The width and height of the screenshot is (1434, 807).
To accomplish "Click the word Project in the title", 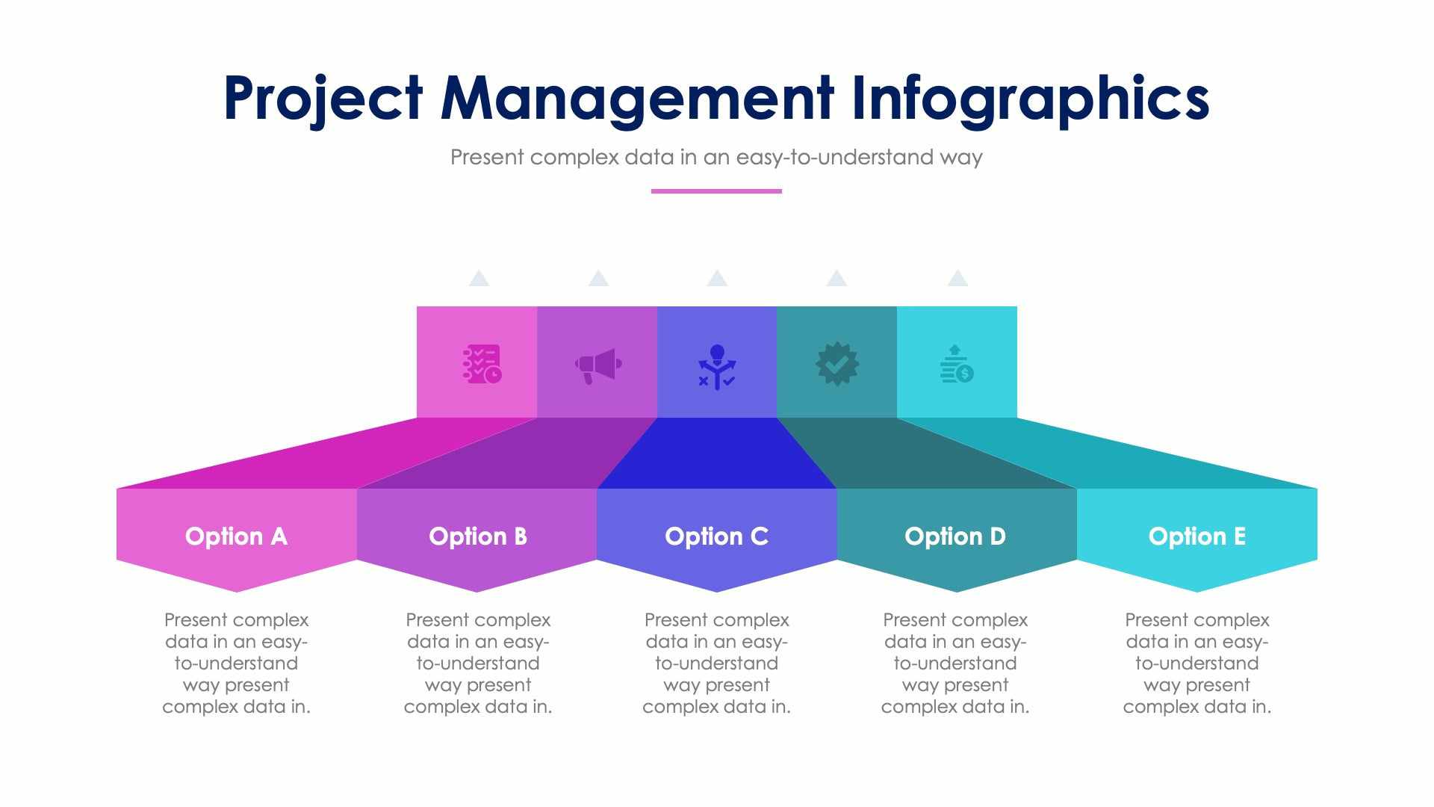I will pos(323,99).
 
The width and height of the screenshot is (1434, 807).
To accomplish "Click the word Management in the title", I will pos(636,99).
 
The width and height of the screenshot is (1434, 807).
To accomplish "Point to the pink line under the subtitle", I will pos(716,191).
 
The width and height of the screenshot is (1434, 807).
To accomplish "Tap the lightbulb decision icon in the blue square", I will pos(717,366).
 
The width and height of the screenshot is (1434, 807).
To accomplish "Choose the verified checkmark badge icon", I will pos(837,364).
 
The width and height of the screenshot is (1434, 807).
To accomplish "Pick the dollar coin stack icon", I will pos(957,365).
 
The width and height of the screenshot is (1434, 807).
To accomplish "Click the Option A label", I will pos(236,537).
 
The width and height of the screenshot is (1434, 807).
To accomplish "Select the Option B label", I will pos(478,537).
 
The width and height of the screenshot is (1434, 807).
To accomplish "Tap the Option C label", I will pos(717,537).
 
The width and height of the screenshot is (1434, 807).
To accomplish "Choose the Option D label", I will pos(955,537).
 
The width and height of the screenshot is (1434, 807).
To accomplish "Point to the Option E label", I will pos(1197,537).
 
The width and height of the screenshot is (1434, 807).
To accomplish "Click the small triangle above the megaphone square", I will pos(598,279).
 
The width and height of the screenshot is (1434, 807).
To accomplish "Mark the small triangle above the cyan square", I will pos(957,279).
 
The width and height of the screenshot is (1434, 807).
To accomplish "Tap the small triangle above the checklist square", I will pos(479,279).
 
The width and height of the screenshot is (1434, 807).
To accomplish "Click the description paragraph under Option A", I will pos(236,663).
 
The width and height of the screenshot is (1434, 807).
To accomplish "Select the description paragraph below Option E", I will pos(1197,663).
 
